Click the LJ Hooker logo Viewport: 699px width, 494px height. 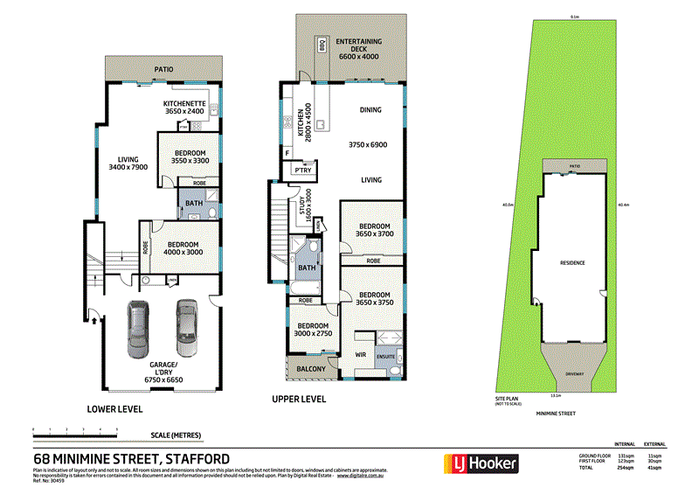tap(483, 463)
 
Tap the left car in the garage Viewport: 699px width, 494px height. tap(139, 329)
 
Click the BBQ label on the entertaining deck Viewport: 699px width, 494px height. tap(321, 44)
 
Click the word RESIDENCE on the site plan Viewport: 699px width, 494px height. tap(572, 262)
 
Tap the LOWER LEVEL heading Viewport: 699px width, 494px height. tap(114, 408)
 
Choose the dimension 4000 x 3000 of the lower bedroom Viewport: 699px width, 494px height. tap(183, 253)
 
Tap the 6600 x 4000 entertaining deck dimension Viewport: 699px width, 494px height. tap(359, 56)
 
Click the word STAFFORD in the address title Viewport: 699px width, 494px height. tap(197, 458)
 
